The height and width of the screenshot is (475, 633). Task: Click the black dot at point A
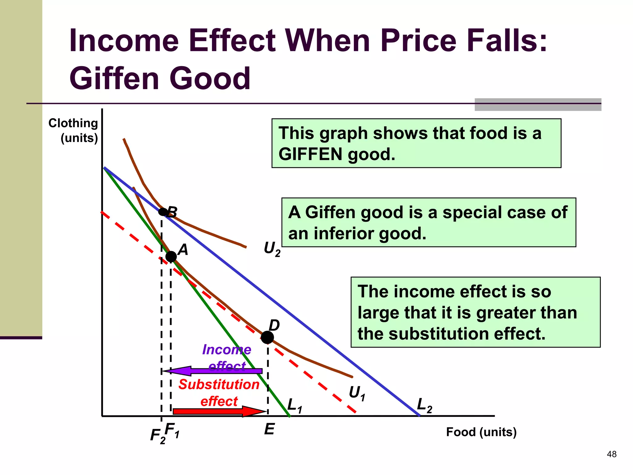click(171, 256)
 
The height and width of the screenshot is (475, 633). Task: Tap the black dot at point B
click(163, 212)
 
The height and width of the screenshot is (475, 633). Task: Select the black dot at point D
click(267, 337)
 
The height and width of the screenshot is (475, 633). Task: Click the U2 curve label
click(272, 249)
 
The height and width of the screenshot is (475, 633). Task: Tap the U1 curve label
click(357, 394)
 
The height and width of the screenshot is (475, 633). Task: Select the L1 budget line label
click(295, 406)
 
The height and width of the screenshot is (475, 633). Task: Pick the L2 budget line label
click(424, 405)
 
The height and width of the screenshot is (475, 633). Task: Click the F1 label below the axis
click(172, 430)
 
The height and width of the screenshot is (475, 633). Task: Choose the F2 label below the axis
click(158, 436)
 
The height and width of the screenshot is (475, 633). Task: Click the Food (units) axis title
click(481, 432)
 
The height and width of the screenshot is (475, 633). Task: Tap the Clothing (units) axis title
click(74, 131)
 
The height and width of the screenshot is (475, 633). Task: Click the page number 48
click(612, 454)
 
